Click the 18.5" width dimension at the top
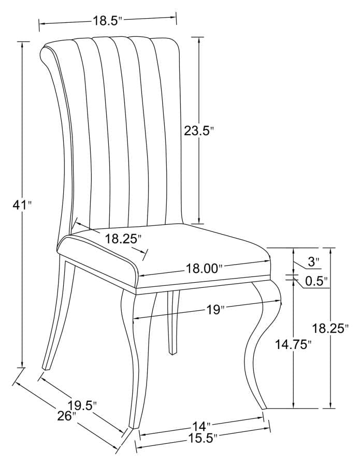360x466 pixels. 107,21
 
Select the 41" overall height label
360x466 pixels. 22,205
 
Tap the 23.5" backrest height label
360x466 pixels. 199,131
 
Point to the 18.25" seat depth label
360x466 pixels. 123,239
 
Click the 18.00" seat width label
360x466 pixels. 204,268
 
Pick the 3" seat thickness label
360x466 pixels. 314,262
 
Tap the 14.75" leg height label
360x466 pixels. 293,345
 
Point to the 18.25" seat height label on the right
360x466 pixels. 330,328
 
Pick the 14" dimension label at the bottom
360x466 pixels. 201,427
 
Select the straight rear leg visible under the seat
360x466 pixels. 173,321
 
